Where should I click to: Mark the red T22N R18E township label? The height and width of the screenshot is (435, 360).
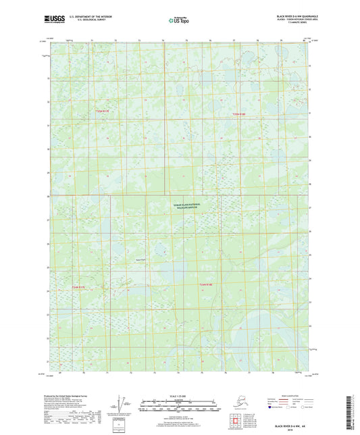207,286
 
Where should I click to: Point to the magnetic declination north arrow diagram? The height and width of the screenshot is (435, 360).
120,404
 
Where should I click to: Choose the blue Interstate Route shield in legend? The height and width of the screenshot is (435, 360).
272,408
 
